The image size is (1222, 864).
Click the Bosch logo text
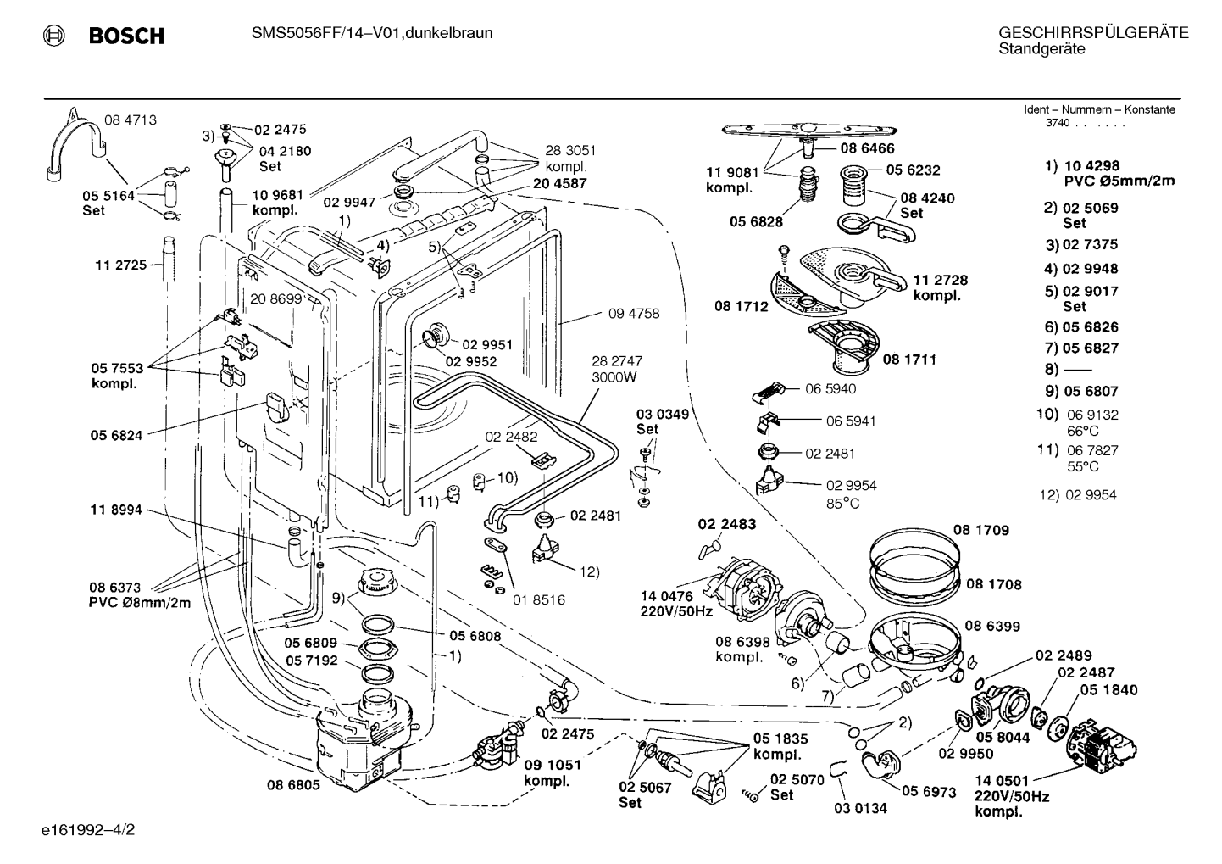click(x=126, y=36)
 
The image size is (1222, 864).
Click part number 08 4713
click(x=131, y=120)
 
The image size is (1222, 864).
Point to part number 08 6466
click(x=868, y=148)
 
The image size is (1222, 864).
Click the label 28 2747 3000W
click(x=616, y=369)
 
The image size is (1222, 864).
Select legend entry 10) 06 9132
click(x=1077, y=415)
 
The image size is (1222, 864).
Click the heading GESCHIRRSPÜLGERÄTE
click(x=1093, y=33)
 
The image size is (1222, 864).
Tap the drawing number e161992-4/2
click(x=88, y=829)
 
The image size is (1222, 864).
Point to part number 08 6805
click(x=293, y=785)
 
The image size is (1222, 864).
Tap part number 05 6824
click(x=116, y=435)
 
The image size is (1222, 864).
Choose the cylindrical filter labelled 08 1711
click(x=844, y=346)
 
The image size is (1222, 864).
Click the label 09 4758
click(x=634, y=313)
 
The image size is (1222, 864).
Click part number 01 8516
click(x=539, y=599)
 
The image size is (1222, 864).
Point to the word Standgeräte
click(x=1042, y=49)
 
